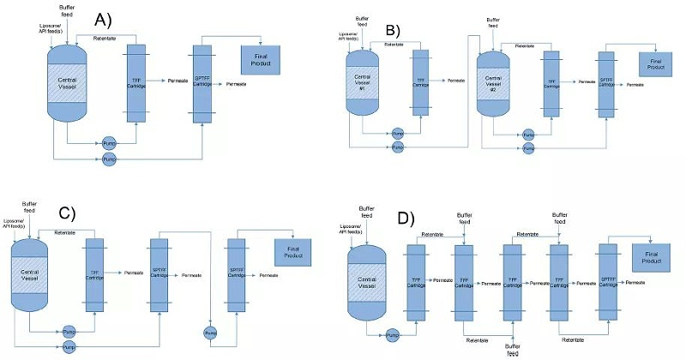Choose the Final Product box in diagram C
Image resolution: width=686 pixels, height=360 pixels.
click(x=292, y=251)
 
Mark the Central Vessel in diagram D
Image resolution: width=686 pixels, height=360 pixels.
click(x=365, y=279)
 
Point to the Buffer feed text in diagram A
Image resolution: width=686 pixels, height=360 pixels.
click(x=67, y=9)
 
